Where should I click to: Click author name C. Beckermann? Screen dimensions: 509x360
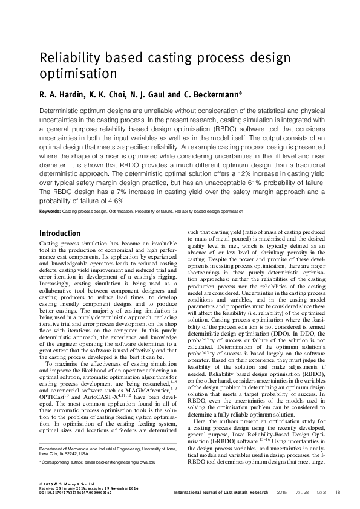212,95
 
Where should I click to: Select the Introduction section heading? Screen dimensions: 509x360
60,233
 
